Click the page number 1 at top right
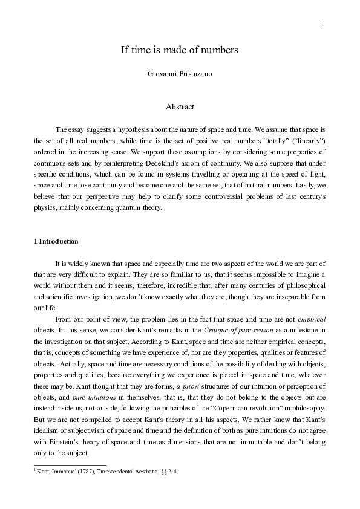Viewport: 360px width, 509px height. (x=321, y=26)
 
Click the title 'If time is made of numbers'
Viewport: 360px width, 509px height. (x=180, y=50)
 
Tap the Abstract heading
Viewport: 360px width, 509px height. (x=180, y=107)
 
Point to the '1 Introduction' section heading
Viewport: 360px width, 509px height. (x=56, y=241)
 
